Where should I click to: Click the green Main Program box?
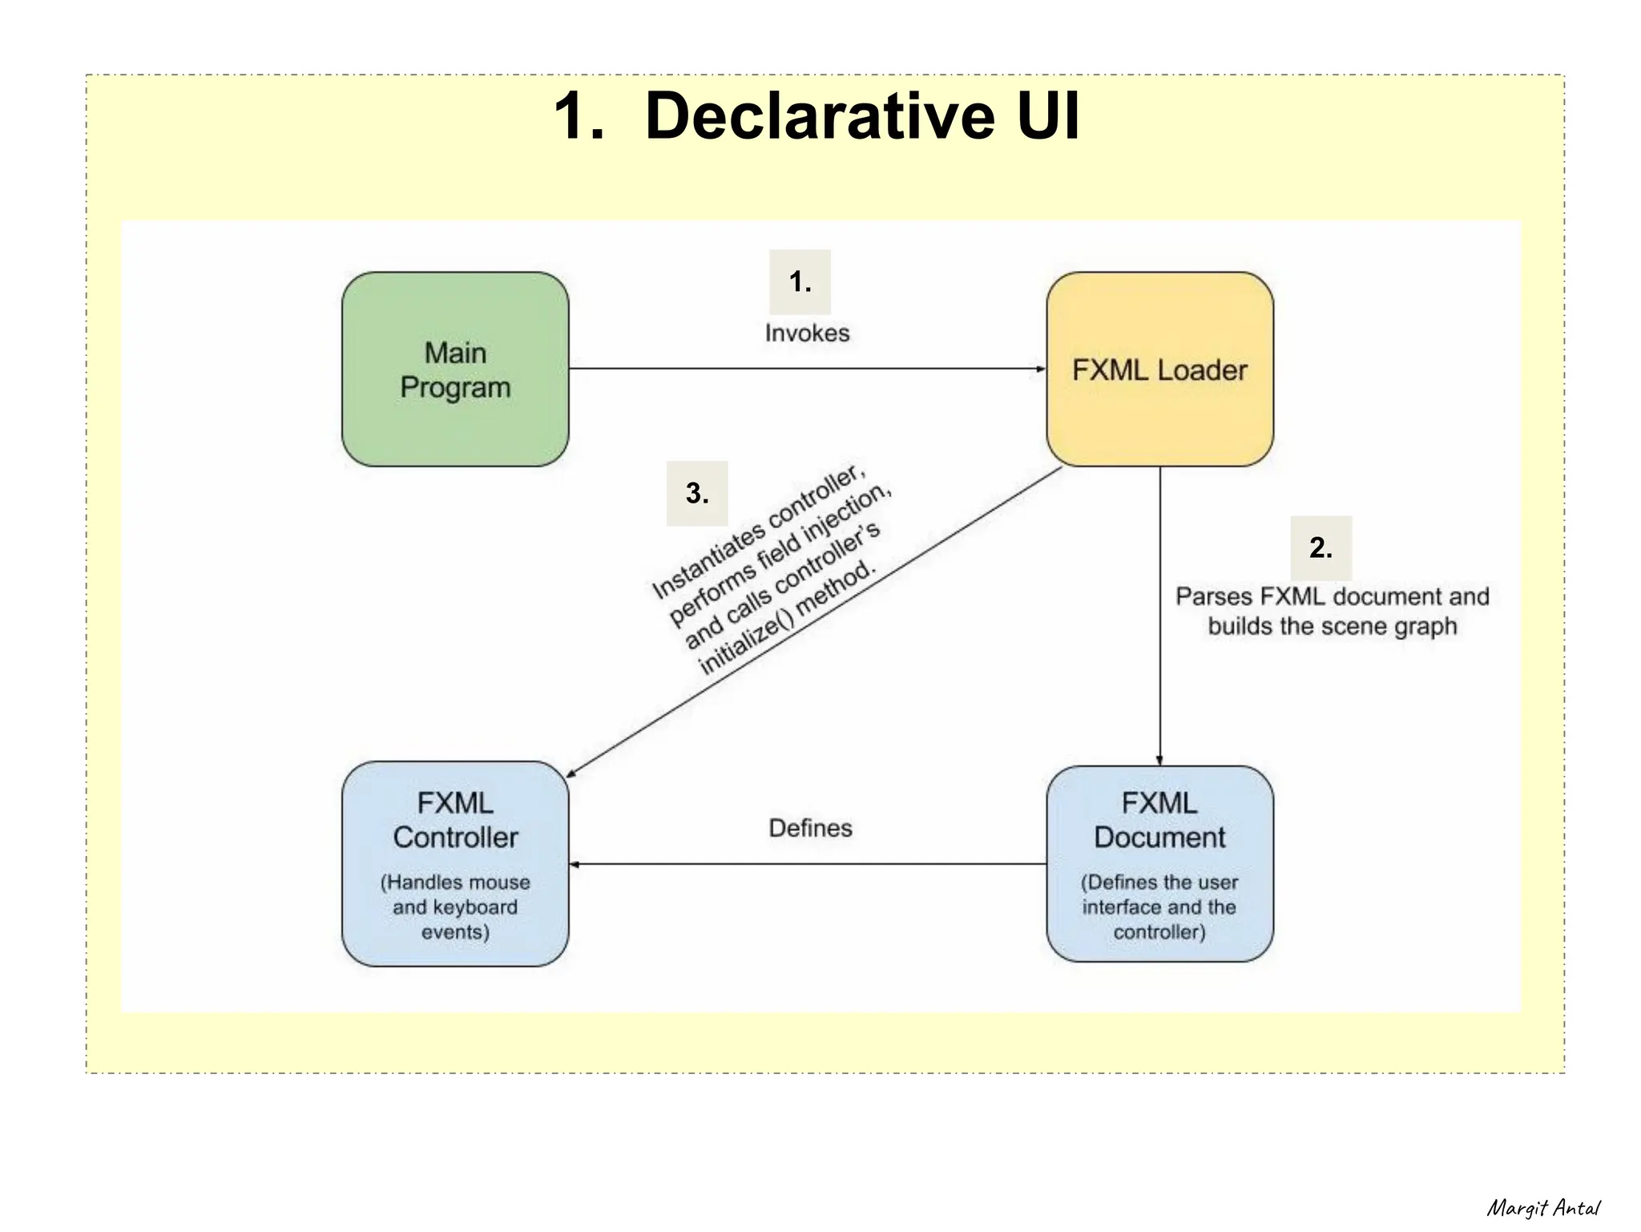(455, 370)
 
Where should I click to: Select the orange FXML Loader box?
(1159, 370)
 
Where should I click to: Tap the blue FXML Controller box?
(455, 863)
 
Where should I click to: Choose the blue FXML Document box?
(1159, 863)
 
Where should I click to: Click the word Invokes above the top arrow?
(807, 333)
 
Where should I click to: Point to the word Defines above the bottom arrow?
(810, 828)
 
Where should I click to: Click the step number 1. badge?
(800, 281)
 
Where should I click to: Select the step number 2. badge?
(1320, 547)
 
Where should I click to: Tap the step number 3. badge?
(697, 493)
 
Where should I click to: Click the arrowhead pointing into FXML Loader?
(1041, 370)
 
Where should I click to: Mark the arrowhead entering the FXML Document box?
(1159, 761)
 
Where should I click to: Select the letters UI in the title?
(1049, 116)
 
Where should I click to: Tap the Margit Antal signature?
(1543, 1208)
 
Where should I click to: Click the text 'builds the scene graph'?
(1332, 626)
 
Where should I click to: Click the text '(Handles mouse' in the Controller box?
(455, 883)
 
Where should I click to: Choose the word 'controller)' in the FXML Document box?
(1159, 932)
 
